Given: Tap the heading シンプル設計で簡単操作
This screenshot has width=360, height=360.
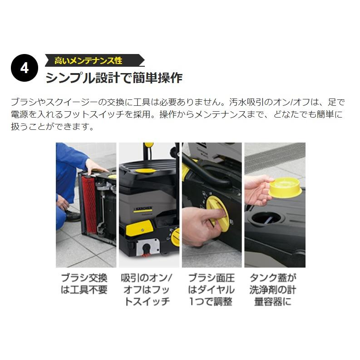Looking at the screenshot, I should click(114, 78).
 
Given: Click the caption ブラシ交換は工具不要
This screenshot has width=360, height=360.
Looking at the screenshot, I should click(84, 283).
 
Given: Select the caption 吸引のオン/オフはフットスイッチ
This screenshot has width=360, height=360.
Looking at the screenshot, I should click(147, 289).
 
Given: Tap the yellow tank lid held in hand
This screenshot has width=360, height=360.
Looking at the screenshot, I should click(284, 186).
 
